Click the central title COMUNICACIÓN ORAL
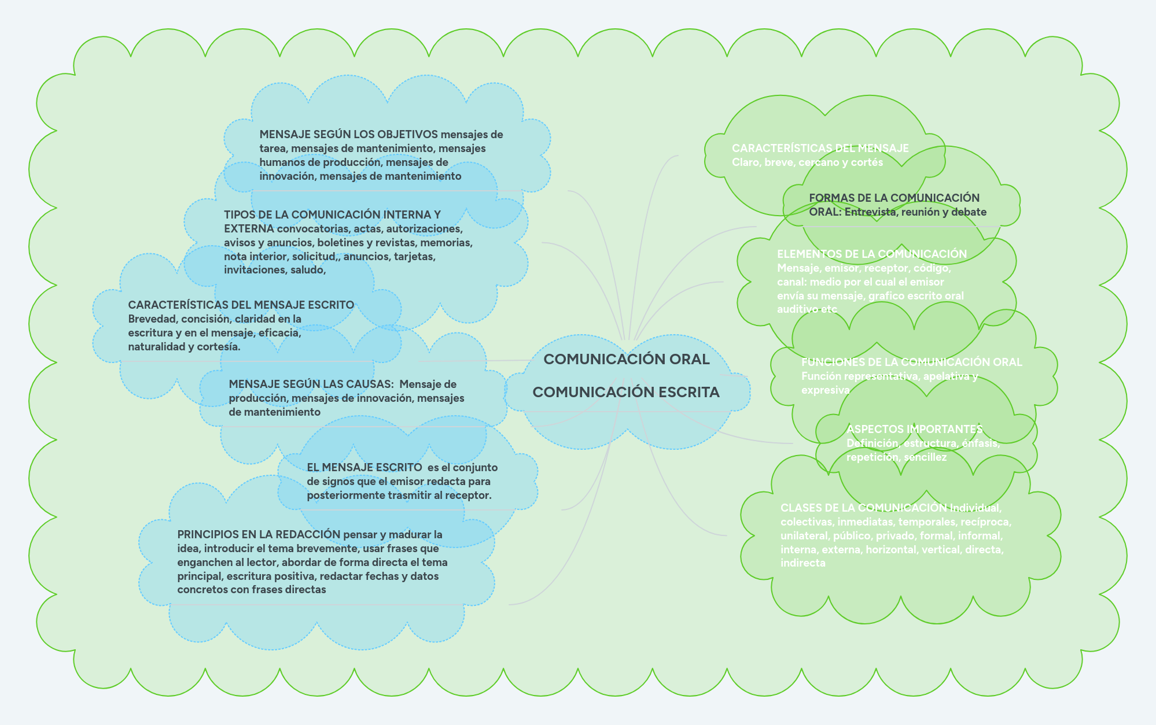click(627, 359)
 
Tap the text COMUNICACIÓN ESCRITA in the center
click(626, 392)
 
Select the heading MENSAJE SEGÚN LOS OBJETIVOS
click(348, 135)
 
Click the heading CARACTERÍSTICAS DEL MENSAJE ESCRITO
click(241, 305)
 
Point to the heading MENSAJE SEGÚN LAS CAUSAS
click(311, 384)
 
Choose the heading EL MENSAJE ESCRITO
click(364, 467)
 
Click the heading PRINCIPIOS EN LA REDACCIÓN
click(258, 534)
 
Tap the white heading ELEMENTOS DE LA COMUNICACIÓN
click(872, 254)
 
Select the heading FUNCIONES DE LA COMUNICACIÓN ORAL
click(911, 362)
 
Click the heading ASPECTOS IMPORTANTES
click(914, 429)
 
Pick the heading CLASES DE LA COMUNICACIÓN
click(864, 508)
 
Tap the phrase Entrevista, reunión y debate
click(915, 212)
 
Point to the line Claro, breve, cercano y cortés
click(807, 162)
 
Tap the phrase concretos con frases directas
click(252, 590)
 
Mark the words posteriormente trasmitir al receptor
click(399, 495)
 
